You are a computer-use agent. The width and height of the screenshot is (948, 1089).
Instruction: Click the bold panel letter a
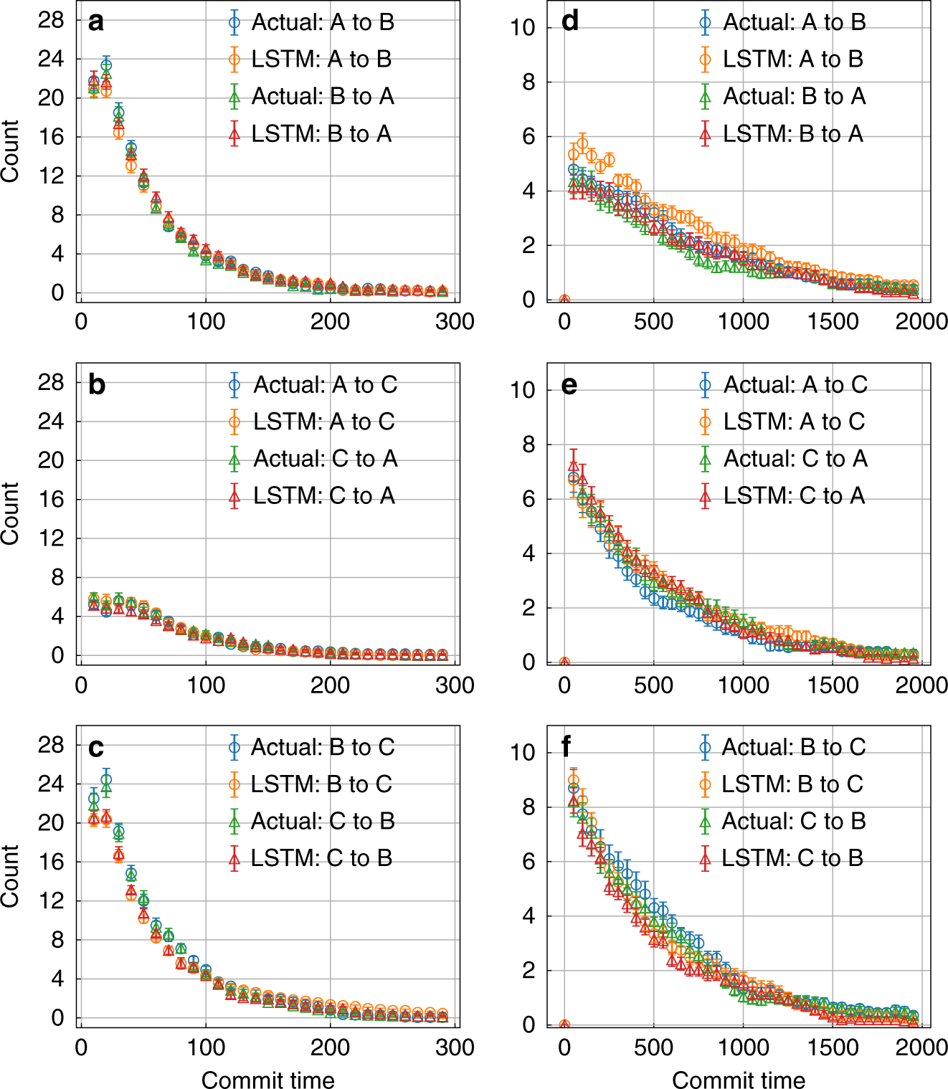[x=95, y=22]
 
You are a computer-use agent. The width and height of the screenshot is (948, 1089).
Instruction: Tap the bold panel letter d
[x=569, y=22]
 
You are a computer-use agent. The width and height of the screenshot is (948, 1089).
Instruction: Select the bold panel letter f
[x=567, y=747]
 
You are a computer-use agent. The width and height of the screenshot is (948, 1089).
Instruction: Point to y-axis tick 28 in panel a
[x=52, y=20]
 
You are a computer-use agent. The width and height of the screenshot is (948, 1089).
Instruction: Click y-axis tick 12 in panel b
[x=52, y=538]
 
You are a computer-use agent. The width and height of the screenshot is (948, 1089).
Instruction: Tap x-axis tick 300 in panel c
[x=455, y=1047]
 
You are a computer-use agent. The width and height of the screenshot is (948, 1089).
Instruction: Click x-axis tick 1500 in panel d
[x=833, y=322]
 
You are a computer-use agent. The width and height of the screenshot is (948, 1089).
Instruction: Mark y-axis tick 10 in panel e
[x=523, y=390]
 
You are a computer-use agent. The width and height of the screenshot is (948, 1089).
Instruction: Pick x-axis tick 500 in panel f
[x=653, y=1047]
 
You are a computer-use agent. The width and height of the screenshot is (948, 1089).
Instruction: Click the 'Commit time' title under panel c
[x=267, y=1080]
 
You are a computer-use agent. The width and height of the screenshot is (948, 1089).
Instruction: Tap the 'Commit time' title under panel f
[x=739, y=1080]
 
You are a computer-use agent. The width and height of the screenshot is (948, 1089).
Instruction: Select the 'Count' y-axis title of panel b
[x=10, y=513]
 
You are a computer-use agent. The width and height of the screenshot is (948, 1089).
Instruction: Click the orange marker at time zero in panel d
[x=564, y=300]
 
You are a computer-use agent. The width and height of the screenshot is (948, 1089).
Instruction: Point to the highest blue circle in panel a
[x=106, y=65]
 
